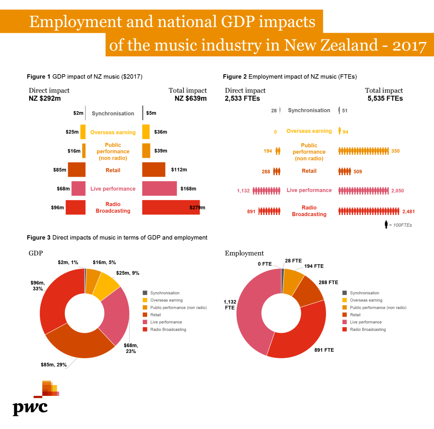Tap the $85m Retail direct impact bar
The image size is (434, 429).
pos(77,170)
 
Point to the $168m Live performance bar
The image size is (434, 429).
pos(159,189)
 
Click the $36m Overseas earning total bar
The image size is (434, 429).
pos(146,132)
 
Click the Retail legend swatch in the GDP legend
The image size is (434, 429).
pos(145,315)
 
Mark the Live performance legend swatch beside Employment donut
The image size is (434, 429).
pos(344,322)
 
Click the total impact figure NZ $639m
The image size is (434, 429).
pos(191,98)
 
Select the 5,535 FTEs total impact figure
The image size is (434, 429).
pos(385,98)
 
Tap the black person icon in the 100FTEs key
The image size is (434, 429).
pos(386,225)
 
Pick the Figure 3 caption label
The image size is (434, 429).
pos(39,237)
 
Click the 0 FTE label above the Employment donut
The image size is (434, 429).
pos(264,264)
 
